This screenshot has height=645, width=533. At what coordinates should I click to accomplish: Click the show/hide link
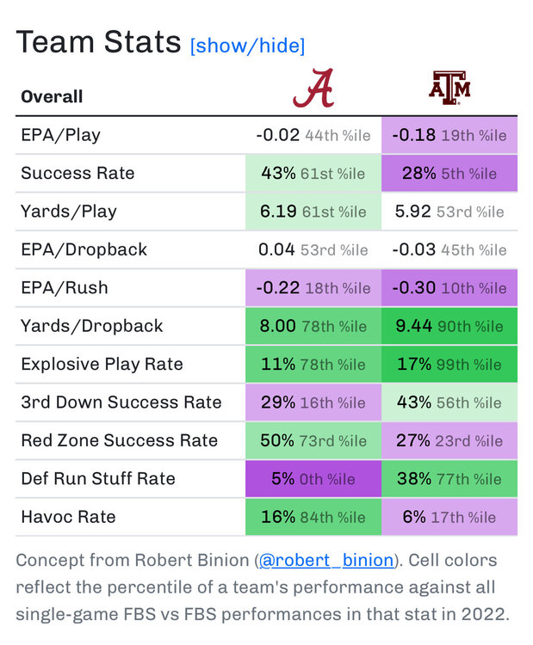tap(247, 46)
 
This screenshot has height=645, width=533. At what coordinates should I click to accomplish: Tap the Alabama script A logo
tap(313, 89)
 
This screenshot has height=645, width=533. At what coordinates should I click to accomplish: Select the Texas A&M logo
tap(449, 89)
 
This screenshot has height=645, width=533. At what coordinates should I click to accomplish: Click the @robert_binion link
tap(326, 561)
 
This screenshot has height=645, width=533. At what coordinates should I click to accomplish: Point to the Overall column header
tap(52, 96)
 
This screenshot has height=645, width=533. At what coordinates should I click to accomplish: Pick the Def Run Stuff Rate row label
tap(97, 479)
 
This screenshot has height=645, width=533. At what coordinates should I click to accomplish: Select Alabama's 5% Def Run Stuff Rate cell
tap(313, 479)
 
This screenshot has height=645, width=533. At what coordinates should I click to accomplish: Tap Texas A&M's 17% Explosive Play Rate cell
tap(449, 364)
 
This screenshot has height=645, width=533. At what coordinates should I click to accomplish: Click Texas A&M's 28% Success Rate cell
tap(449, 173)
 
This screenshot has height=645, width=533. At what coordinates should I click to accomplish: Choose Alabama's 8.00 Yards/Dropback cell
tap(313, 326)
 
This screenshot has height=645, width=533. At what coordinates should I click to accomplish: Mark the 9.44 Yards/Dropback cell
tap(449, 326)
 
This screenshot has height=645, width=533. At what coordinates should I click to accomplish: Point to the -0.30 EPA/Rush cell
tap(449, 287)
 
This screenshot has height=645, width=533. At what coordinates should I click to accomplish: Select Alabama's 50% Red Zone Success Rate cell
tap(313, 440)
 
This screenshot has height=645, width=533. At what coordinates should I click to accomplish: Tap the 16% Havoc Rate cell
tap(313, 517)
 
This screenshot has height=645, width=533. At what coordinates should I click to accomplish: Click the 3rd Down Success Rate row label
tap(121, 402)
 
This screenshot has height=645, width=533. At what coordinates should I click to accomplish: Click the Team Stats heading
tap(98, 42)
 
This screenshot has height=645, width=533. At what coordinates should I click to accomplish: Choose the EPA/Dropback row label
tap(84, 249)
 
